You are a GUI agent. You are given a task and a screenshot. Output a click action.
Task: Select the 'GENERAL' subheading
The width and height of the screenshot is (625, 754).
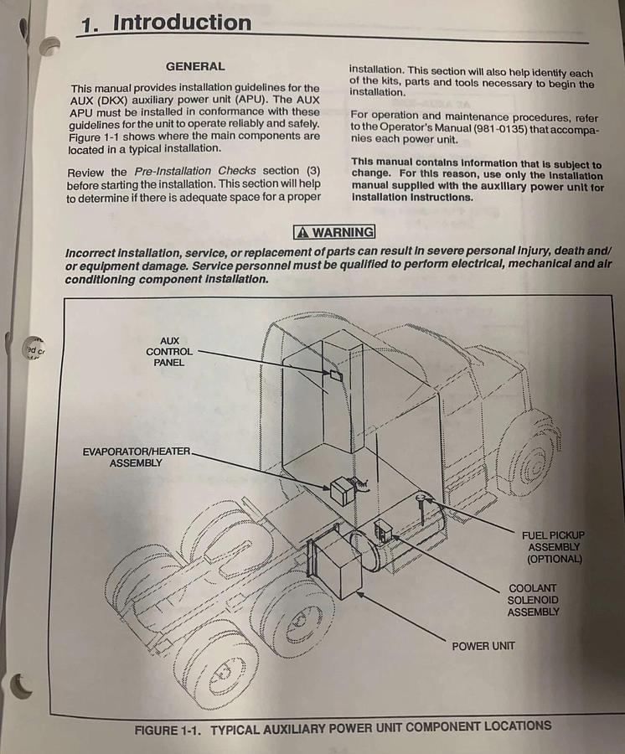pyautogui.click(x=195, y=66)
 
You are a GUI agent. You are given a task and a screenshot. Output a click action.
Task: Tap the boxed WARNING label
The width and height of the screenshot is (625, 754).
pyautogui.click(x=333, y=232)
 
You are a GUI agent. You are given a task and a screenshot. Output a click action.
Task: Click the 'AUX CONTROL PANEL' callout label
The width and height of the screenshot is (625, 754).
pyautogui.click(x=168, y=352)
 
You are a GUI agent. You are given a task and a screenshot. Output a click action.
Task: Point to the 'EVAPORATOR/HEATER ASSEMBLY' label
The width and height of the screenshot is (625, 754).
pyautogui.click(x=136, y=457)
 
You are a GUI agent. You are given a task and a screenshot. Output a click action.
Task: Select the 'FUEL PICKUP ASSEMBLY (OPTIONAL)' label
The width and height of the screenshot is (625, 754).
pyautogui.click(x=553, y=546)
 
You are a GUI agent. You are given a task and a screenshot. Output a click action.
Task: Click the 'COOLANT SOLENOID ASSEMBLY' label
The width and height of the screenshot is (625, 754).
pyautogui.click(x=533, y=600)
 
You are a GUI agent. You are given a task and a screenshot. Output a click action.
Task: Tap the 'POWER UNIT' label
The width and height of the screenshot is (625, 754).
pyautogui.click(x=483, y=646)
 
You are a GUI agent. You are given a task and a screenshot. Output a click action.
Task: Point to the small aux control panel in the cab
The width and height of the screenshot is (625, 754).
pyautogui.click(x=335, y=374)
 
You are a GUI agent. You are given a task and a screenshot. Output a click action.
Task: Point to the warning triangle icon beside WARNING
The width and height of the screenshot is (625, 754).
pyautogui.click(x=302, y=232)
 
